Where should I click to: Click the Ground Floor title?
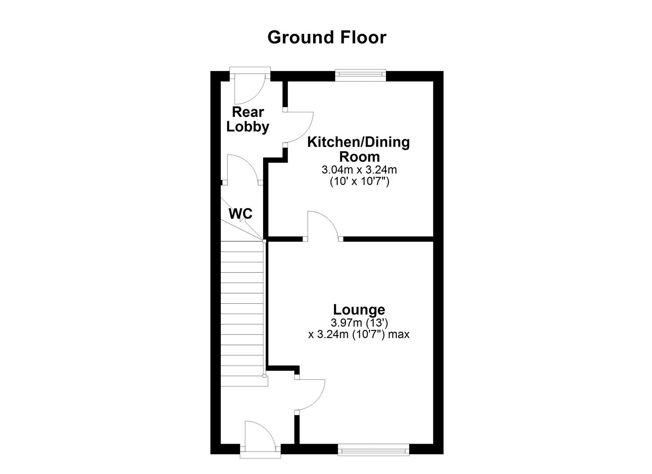(327, 37)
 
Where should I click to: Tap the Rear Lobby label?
(248, 119)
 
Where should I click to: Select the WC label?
(241, 214)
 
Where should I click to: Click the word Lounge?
(359, 309)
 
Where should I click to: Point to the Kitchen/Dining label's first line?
(358, 142)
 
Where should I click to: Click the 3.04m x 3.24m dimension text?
(359, 169)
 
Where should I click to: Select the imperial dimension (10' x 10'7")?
(359, 181)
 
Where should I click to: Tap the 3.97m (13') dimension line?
(359, 323)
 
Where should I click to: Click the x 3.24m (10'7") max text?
(359, 334)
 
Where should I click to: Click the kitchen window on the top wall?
(360, 75)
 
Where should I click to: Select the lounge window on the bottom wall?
(373, 449)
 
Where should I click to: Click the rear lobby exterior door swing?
(249, 88)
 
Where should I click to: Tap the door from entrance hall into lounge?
(310, 395)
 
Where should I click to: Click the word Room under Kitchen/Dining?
(359, 156)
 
